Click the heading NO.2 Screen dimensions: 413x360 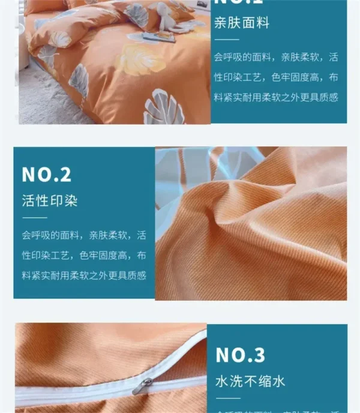coord(46,175)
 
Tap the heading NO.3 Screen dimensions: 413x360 coord(240,355)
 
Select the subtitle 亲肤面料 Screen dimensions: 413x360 coord(242,24)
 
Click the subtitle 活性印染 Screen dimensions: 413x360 coord(50,200)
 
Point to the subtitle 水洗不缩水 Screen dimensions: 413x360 coord(250,381)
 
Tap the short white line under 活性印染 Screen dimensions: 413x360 coord(34,217)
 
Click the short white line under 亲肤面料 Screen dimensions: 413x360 coord(226,40)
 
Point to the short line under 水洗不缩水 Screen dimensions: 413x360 coord(227,398)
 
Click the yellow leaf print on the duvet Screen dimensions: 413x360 coord(139,60)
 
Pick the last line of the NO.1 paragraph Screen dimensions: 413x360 coord(276,97)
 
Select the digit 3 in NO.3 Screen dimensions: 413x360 coord(259,355)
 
